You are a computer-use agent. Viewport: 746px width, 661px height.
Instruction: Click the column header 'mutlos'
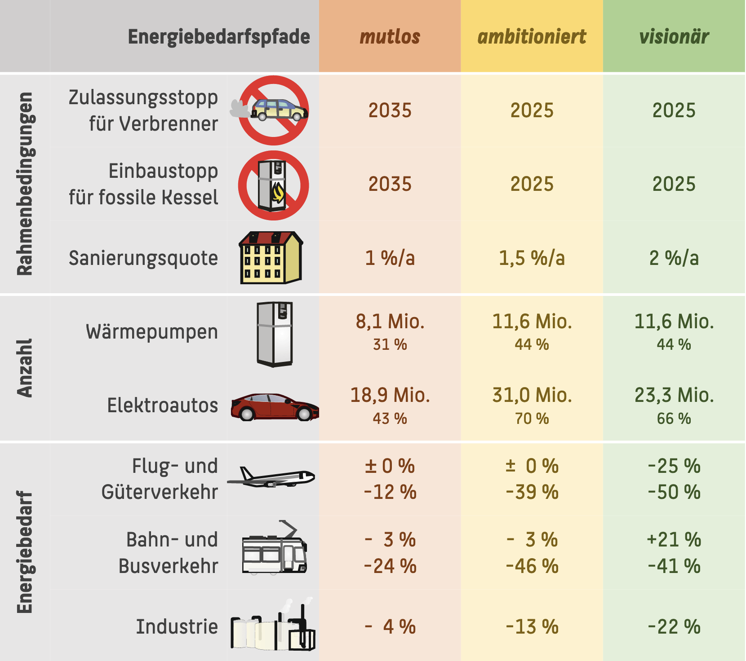point(390,37)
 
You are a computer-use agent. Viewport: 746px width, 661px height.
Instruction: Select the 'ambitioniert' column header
point(532,37)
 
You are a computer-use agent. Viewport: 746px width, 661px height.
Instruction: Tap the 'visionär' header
point(674,37)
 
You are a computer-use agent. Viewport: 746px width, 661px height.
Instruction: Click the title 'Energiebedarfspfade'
point(219,37)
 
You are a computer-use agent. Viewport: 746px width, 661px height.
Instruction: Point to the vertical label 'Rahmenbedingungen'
point(25,184)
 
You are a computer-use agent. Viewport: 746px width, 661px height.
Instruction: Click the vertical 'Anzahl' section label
point(25,368)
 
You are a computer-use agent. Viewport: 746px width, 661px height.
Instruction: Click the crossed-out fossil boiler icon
point(273,185)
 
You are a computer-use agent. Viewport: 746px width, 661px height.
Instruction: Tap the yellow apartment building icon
point(271,258)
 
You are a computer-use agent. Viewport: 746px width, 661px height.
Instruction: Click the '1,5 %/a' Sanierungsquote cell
point(532,258)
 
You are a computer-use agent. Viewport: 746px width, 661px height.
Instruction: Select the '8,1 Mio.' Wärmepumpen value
point(390,322)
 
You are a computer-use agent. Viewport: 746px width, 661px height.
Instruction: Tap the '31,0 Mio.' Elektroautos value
point(532,395)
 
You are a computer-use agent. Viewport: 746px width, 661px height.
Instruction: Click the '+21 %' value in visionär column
point(674,540)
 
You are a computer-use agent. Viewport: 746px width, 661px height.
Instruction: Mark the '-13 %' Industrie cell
point(532,627)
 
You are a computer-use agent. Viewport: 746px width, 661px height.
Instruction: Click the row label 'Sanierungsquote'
point(143,258)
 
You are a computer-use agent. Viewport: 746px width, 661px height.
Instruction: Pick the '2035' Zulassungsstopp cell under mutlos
point(390,110)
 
